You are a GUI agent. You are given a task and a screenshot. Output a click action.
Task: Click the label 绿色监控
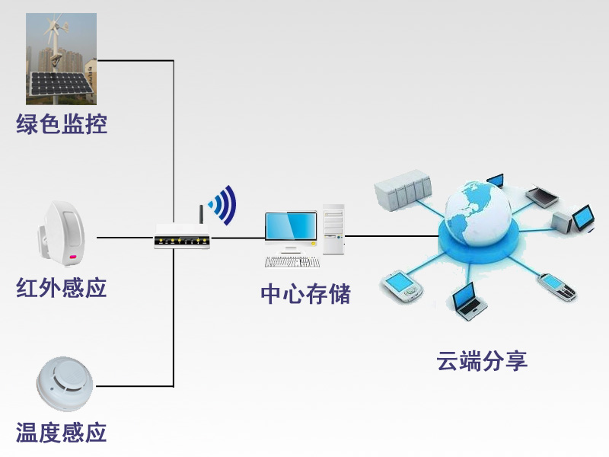point(62,123)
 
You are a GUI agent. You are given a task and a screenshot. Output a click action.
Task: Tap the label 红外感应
point(62,288)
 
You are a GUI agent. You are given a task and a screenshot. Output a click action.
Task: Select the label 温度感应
point(62,433)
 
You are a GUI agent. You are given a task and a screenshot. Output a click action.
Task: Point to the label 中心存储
point(305,294)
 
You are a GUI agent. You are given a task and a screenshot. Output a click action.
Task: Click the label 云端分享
point(482,360)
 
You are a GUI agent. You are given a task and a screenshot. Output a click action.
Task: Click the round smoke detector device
point(64,385)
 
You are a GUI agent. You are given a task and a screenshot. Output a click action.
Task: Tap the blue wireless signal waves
point(224,203)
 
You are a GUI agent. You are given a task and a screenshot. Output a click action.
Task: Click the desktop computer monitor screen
point(290,226)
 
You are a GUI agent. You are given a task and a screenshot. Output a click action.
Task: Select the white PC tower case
point(333,228)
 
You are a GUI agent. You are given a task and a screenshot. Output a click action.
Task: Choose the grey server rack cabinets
point(403,190)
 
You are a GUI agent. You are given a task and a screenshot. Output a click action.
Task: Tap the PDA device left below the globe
point(401,286)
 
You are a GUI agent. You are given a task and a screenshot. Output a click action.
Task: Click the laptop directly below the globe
point(467,299)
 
